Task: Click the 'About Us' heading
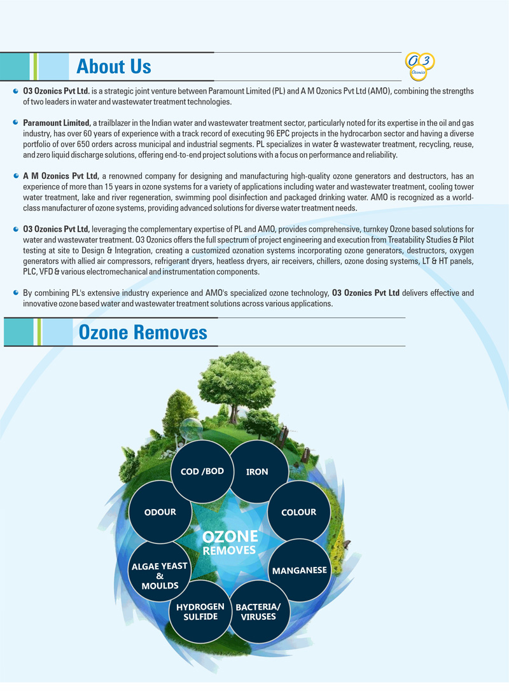click(x=113, y=66)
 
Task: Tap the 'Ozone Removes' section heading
click(x=143, y=332)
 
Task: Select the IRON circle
click(x=257, y=471)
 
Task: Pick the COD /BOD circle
click(x=202, y=471)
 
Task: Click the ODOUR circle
click(x=160, y=512)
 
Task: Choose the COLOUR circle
click(x=298, y=512)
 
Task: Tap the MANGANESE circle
click(x=299, y=570)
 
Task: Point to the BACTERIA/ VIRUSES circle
click(x=258, y=611)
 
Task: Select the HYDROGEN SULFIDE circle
click(x=200, y=611)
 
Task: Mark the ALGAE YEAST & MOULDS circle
click(x=160, y=575)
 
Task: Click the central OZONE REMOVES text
click(x=229, y=543)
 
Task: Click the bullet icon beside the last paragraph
click(x=15, y=292)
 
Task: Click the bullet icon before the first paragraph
click(x=15, y=91)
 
